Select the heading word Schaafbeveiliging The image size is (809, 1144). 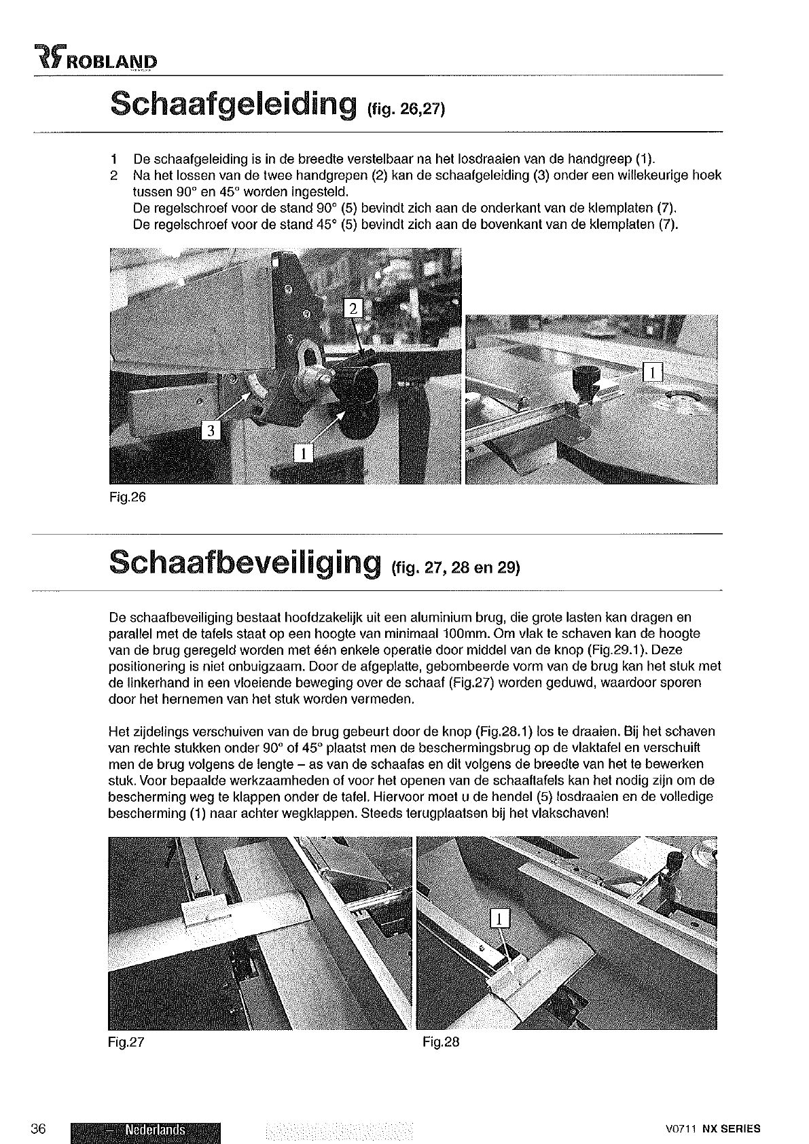pyautogui.click(x=244, y=564)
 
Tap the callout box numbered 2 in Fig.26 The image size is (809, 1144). pyautogui.click(x=353, y=310)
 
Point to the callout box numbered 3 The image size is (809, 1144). pyautogui.click(x=211, y=431)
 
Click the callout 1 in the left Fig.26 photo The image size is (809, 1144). pyautogui.click(x=303, y=452)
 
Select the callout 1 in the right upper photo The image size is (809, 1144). pyautogui.click(x=652, y=372)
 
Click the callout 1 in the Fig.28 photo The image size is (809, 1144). pyautogui.click(x=499, y=918)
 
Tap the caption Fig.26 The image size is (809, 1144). pyautogui.click(x=127, y=497)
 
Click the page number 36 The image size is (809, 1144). pyautogui.click(x=37, y=1129)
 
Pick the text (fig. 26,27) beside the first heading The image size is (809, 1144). pyautogui.click(x=406, y=110)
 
